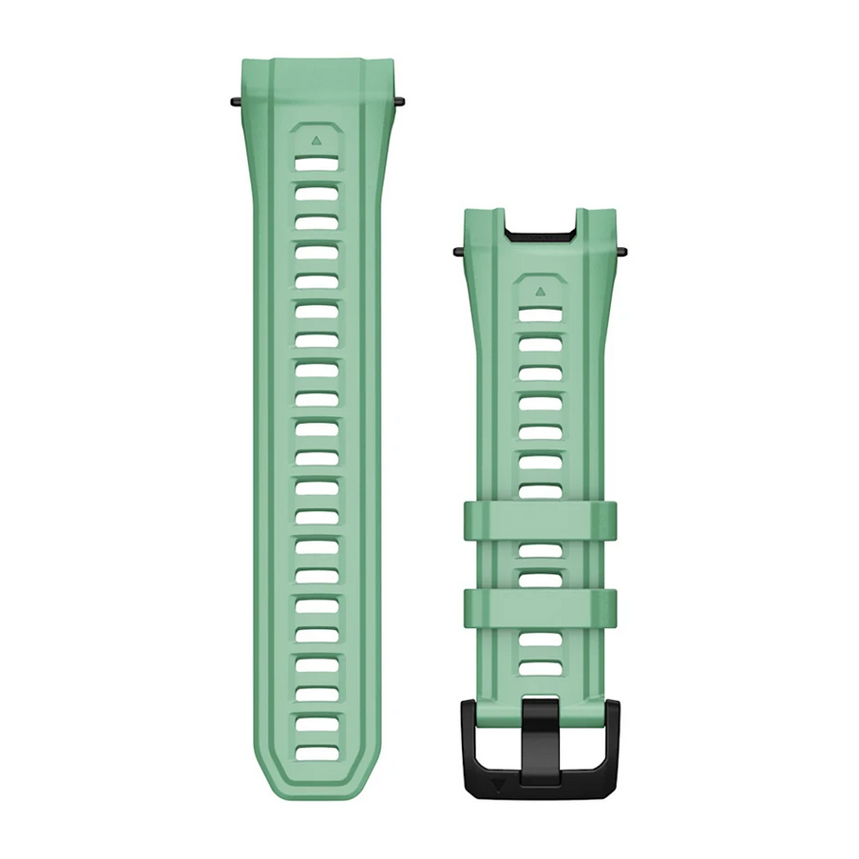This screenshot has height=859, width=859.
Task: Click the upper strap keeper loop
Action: [x=540, y=521]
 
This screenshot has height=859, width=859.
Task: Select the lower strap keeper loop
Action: [x=540, y=608]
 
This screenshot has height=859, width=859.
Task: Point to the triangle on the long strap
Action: [x=315, y=139]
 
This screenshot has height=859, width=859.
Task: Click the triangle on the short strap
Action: [x=540, y=292]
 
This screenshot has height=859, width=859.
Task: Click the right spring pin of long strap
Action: [x=399, y=99]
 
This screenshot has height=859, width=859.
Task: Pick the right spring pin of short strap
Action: [x=622, y=252]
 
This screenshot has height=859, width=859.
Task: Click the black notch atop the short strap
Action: [x=540, y=232]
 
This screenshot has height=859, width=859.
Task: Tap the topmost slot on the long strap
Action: [x=315, y=163]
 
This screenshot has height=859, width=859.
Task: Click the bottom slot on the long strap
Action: [x=315, y=753]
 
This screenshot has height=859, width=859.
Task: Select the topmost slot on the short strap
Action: [x=540, y=315]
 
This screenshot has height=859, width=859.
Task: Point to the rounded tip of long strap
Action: [x=315, y=793]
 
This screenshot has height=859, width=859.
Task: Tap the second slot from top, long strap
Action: [x=315, y=193]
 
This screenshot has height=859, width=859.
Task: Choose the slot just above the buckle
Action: [x=540, y=668]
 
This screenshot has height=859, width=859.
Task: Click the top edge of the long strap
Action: [x=315, y=60]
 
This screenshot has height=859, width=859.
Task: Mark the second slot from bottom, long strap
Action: [x=315, y=723]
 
